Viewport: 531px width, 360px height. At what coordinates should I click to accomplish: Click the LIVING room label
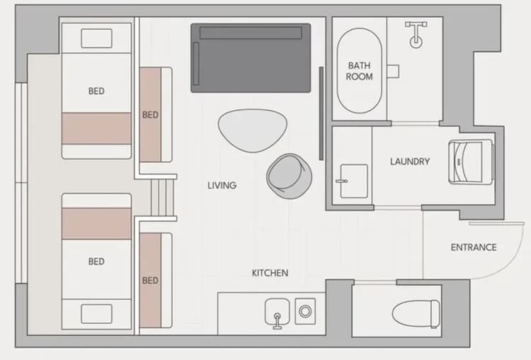(x=222, y=186)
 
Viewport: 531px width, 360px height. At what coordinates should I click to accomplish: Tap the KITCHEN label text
(x=270, y=273)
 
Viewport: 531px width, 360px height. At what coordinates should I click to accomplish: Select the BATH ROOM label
(x=360, y=71)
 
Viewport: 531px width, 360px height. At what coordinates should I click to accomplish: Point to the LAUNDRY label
(x=410, y=162)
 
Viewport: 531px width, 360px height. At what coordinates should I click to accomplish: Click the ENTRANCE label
(x=474, y=247)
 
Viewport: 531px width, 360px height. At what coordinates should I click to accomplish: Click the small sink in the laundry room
(x=353, y=181)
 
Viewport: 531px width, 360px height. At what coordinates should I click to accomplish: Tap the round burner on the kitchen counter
(x=306, y=310)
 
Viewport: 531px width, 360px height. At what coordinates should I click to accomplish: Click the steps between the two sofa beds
(x=163, y=196)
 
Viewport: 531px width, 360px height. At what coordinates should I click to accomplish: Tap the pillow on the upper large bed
(x=97, y=38)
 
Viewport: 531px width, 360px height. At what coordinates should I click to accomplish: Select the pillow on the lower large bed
(x=97, y=313)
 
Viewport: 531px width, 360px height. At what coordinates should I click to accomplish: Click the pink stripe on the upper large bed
(x=97, y=128)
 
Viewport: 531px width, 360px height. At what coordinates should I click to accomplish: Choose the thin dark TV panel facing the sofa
(x=321, y=113)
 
